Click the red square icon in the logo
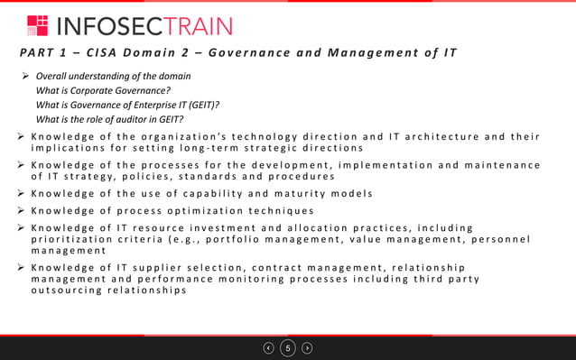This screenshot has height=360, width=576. [38, 25]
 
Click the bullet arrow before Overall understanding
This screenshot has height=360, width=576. [25, 76]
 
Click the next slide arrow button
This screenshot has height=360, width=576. [307, 347]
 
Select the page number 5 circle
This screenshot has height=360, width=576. [288, 347]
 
